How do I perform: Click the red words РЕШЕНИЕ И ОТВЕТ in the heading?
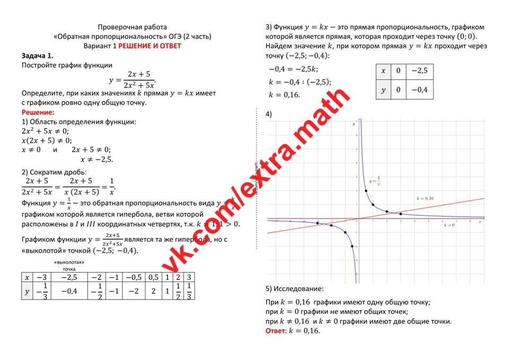(150, 46)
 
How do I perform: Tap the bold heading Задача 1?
(37, 56)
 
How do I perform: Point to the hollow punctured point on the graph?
(324, 224)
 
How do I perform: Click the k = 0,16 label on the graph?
(425, 198)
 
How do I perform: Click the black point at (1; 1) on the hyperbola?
(373, 205)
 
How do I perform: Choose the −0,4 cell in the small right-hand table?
(419, 90)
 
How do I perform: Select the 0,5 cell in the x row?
(153, 277)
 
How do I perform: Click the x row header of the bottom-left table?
(27, 277)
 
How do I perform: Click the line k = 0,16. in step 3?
(285, 95)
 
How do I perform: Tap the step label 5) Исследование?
(294, 289)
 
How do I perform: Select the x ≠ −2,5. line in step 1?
(96, 159)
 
